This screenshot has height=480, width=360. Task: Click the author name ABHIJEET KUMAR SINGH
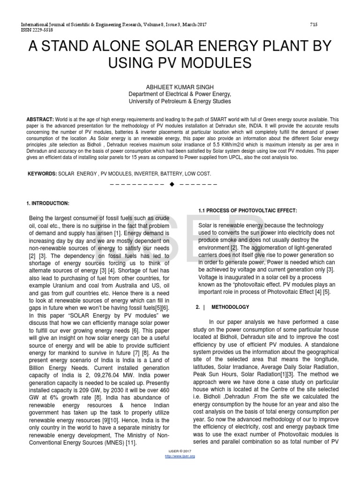click(x=180, y=87)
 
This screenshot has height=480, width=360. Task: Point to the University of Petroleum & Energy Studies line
click(x=180, y=101)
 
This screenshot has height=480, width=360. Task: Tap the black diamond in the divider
click(x=172, y=184)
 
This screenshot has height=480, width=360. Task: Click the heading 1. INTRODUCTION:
click(x=47, y=203)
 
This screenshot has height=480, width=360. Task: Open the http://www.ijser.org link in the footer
click(x=180, y=456)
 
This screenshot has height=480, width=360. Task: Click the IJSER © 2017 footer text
click(x=180, y=451)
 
